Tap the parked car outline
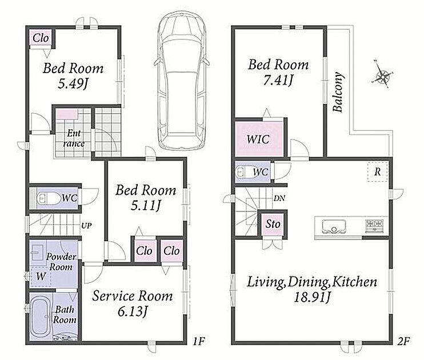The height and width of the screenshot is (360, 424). point(182,81)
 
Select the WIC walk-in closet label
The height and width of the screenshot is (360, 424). point(258,139)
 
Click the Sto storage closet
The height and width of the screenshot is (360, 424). point(273,224)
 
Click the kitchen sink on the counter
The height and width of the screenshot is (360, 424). point(334,226)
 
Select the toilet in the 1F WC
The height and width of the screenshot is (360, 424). point(48,198)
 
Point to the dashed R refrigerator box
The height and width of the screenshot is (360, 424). point(378,172)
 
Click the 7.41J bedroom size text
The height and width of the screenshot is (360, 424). point(278,81)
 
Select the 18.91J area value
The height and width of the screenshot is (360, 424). point(312,298)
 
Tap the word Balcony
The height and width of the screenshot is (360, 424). point(338,92)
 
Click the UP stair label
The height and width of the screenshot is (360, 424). point(86,226)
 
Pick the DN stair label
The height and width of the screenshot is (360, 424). point(279,198)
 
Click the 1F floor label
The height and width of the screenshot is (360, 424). point(199,342)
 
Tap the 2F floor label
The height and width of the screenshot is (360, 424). point(403,342)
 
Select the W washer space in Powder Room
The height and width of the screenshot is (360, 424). point(41,276)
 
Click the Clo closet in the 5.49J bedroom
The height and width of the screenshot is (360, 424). point(41,38)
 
